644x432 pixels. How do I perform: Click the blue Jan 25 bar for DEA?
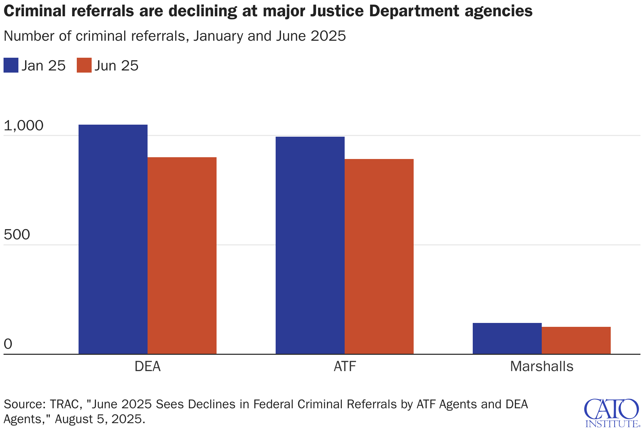coord(113,239)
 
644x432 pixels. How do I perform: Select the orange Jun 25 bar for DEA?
coord(182,255)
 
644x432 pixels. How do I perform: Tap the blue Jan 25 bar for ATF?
coord(310,245)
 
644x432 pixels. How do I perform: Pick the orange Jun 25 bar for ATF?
coord(379,256)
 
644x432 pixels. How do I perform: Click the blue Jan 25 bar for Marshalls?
coord(507,338)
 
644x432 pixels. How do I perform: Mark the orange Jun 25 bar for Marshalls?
coord(576,340)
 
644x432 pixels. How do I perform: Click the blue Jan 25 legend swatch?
coord(11,66)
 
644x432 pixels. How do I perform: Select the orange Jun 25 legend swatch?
coord(84,66)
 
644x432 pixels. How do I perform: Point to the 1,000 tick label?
coord(23,125)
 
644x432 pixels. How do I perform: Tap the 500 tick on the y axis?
coord(17,235)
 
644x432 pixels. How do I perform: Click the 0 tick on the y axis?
coord(8,344)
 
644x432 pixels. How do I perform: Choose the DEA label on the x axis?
coord(148,366)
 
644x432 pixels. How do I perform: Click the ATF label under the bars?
coord(345,366)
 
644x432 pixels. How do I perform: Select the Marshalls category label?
coord(541,366)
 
